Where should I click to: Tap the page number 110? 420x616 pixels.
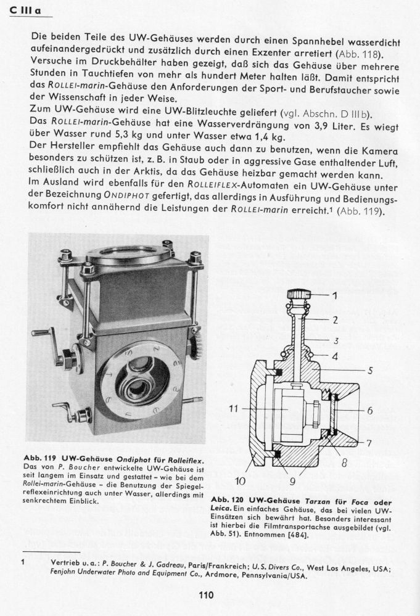[207, 594]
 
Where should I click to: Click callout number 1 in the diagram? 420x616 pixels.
[336, 295]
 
